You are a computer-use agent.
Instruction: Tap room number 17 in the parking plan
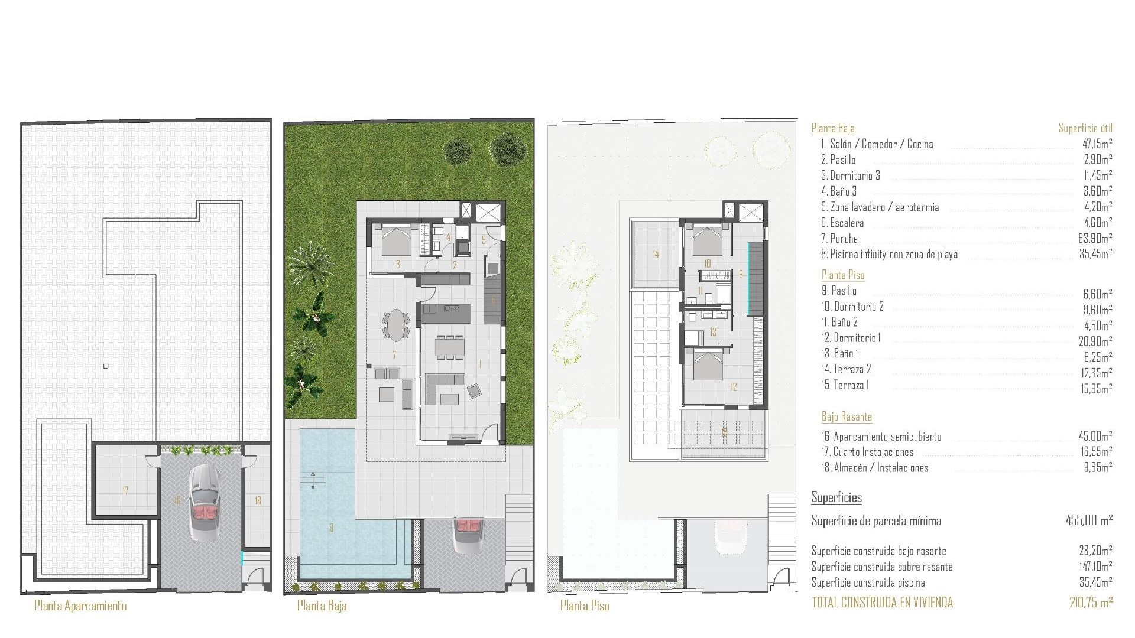click(125, 490)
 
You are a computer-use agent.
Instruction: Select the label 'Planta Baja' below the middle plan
click(322, 606)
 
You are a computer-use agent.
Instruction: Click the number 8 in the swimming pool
click(331, 528)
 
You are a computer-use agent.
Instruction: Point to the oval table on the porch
click(395, 325)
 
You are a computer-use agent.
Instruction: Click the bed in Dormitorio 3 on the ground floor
click(396, 241)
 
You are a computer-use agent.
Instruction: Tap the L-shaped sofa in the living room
click(445, 387)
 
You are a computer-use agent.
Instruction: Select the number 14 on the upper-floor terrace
click(656, 254)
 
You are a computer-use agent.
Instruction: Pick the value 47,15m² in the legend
click(1095, 144)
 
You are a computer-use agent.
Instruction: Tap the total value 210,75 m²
click(1091, 603)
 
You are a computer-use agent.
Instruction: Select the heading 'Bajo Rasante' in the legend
click(847, 416)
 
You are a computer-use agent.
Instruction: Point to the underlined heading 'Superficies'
click(836, 497)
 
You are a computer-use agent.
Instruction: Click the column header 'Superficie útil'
click(1085, 128)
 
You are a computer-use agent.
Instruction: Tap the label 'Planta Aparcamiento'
click(80, 606)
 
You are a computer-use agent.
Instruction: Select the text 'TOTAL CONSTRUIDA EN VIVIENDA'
click(882, 603)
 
